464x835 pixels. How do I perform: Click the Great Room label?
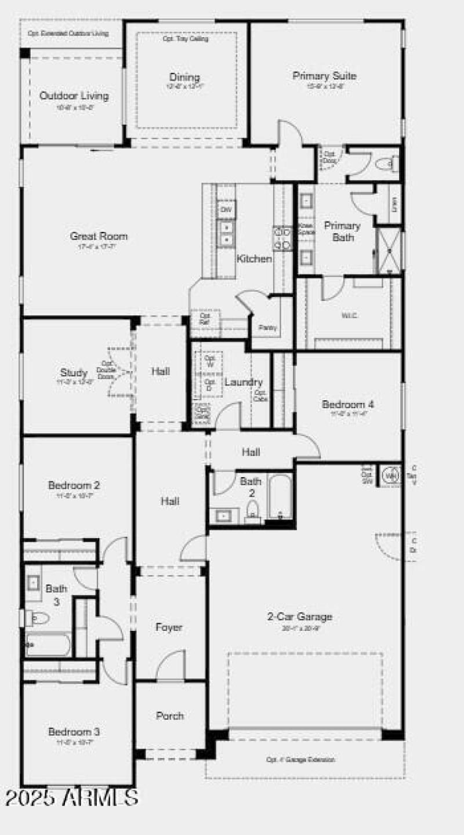point(99,236)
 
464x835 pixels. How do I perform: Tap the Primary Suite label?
point(324,76)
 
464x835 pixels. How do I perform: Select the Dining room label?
point(184,77)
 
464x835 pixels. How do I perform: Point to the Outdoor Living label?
point(74,96)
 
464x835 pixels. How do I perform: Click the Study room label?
point(74,373)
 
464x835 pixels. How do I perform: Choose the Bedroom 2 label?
point(70,485)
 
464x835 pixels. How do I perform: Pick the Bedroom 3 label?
point(70,732)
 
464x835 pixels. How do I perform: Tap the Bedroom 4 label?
point(348,404)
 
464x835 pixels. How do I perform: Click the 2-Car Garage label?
point(299,617)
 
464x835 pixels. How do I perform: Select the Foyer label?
point(169,627)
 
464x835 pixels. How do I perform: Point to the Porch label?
point(170,716)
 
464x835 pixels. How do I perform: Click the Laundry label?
point(244,382)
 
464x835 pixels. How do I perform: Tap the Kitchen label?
point(254,259)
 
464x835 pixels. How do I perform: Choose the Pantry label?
point(268,328)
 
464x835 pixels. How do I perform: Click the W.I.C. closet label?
point(349,316)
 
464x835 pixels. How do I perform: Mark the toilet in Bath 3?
point(37,618)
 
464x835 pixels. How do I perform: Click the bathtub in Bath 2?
point(281,497)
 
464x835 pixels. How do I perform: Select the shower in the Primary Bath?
point(389,251)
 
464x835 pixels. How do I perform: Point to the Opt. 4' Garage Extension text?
point(301,759)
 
